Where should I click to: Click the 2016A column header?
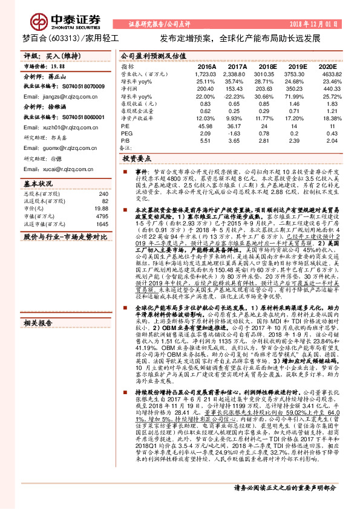point(206,66)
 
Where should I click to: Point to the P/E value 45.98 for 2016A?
point(206,125)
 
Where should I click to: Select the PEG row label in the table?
point(126,132)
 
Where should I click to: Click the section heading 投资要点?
point(137,158)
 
